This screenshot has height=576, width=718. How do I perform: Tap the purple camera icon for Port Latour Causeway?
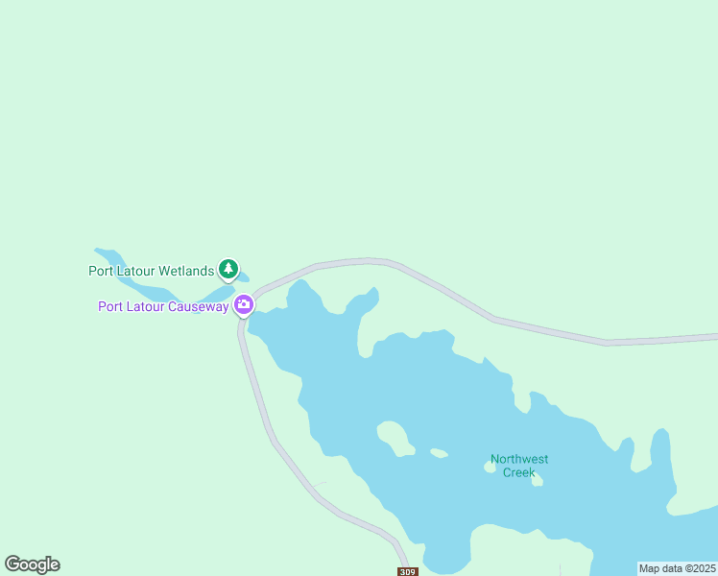pyautogui.click(x=244, y=305)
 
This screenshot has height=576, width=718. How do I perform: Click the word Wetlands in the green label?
pyautogui.click(x=185, y=271)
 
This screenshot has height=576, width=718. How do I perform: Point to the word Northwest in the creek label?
pyautogui.click(x=519, y=459)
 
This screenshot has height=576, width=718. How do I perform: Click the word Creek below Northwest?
pyautogui.click(x=519, y=472)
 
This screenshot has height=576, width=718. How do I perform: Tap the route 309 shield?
pyautogui.click(x=408, y=571)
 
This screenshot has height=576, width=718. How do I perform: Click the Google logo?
pyautogui.click(x=32, y=564)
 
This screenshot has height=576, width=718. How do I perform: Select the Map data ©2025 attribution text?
pyautogui.click(x=678, y=568)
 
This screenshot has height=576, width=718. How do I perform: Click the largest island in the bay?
pyautogui.click(x=395, y=437)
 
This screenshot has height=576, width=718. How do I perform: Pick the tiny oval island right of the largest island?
pyautogui.click(x=439, y=452)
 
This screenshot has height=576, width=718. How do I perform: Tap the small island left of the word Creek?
pyautogui.click(x=490, y=468)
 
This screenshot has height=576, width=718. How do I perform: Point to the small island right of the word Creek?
pyautogui.click(x=538, y=480)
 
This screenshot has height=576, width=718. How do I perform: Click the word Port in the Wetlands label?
pyautogui.click(x=101, y=271)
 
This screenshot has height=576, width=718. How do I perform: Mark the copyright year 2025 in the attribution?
pyautogui.click(x=701, y=568)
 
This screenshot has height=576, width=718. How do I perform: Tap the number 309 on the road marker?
pyautogui.click(x=408, y=572)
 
